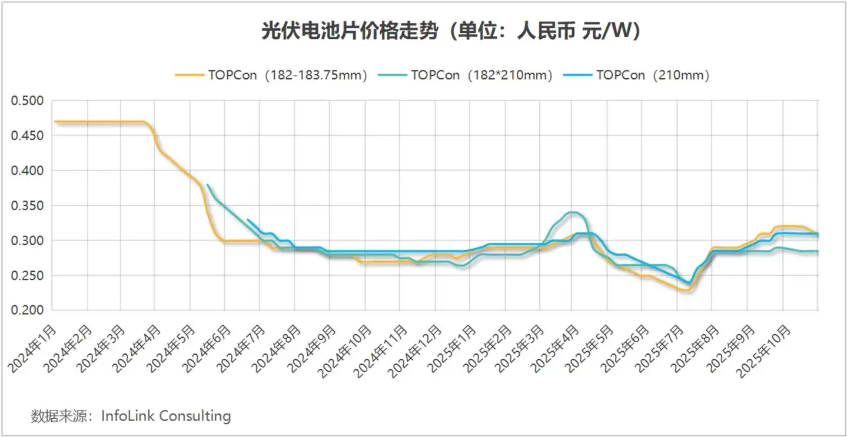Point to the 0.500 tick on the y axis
[x=28, y=101]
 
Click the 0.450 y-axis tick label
[x=28, y=136]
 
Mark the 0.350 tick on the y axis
[x=28, y=206]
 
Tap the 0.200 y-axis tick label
[x=28, y=311]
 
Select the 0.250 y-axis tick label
[x=28, y=276]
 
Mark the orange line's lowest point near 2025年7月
[x=685, y=289]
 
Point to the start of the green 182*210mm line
[x=208, y=185]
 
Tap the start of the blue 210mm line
[x=248, y=220]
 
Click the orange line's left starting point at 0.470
[x=55, y=122]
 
